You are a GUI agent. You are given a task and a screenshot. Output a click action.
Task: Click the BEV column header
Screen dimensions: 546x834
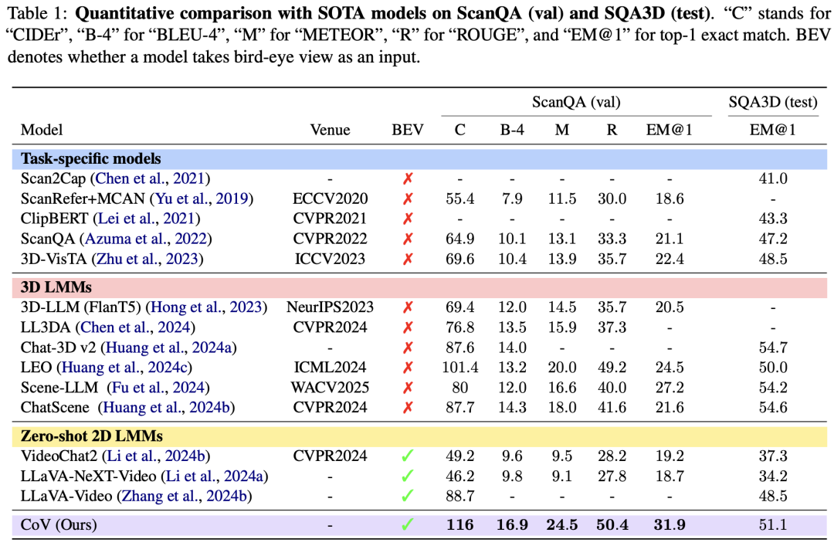(408, 130)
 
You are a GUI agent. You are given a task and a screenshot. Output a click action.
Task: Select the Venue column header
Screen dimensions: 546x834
(330, 130)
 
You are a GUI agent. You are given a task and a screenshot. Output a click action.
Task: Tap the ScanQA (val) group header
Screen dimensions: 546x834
(576, 102)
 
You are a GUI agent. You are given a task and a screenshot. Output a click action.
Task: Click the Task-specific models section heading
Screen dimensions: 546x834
(91, 159)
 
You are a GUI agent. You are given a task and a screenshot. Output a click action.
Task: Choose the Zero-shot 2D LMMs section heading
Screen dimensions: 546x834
(92, 436)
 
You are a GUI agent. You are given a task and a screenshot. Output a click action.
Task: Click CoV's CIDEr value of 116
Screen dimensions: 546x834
(459, 525)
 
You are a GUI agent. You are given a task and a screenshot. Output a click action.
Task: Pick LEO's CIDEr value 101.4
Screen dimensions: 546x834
(459, 368)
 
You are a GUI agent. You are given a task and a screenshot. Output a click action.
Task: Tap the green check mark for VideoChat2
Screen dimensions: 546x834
(408, 457)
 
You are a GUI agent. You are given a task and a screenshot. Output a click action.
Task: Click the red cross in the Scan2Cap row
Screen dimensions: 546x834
(408, 179)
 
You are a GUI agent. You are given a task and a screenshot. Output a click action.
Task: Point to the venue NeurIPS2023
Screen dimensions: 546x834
(330, 307)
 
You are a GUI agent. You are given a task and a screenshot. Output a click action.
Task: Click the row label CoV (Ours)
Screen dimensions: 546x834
(59, 525)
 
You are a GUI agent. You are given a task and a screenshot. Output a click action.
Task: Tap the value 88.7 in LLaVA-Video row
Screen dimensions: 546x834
(459, 496)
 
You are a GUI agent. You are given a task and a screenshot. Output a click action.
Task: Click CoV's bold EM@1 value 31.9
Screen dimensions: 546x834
(669, 525)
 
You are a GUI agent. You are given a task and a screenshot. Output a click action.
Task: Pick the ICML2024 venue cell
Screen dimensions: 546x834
(330, 368)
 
